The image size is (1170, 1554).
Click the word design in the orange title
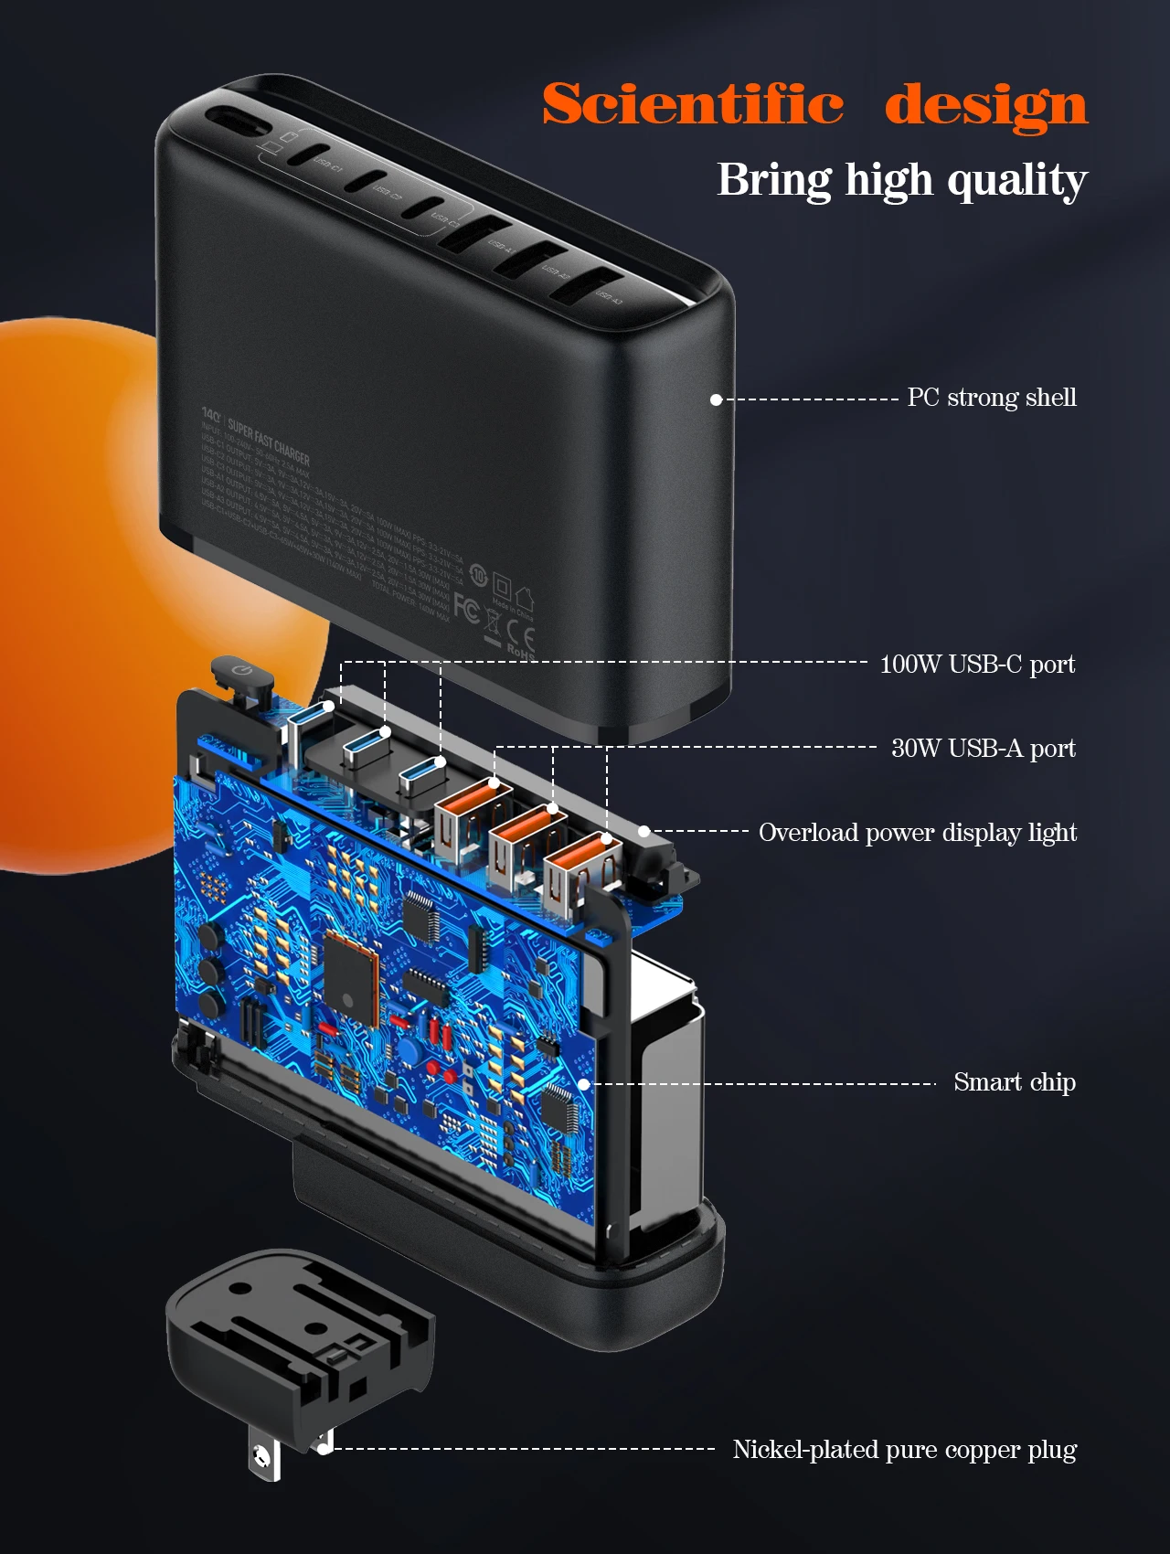[986, 105]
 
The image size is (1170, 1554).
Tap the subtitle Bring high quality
[901, 180]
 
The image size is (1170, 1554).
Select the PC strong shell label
[991, 398]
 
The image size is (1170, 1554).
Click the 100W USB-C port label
[976, 664]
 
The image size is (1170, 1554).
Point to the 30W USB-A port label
[983, 748]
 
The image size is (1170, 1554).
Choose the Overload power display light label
[917, 832]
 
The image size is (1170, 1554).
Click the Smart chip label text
[1014, 1082]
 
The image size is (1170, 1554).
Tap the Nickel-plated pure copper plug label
[904, 1450]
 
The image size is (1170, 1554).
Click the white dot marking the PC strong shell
[717, 399]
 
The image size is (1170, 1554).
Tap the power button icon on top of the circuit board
[241, 672]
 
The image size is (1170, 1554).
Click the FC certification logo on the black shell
[466, 609]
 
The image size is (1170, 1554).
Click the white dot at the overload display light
[643, 832]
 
